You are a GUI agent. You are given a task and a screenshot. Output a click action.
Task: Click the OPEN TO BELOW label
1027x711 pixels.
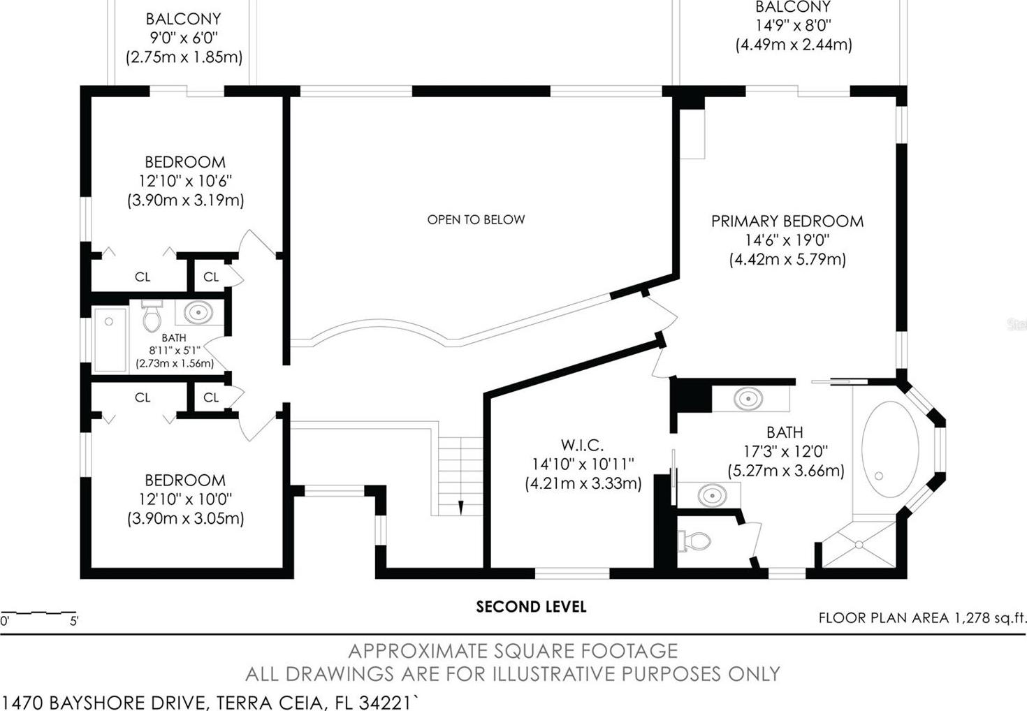point(476,219)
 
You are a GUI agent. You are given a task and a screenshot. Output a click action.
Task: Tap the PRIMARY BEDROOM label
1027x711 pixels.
point(787,221)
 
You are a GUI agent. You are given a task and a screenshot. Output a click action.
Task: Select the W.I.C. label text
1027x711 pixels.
point(582,445)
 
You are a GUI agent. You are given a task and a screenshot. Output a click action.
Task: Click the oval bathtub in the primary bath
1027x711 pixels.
point(890,449)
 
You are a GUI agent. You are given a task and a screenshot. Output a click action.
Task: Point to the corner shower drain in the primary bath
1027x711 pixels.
point(859,545)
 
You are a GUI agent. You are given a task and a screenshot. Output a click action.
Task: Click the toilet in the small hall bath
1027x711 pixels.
point(152,316)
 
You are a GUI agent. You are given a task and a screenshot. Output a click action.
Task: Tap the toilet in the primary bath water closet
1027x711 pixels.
point(694,541)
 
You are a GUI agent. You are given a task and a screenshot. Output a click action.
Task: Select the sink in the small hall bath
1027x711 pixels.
point(198,313)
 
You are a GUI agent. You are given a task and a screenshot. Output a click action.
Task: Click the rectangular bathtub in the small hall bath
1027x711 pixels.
point(110,339)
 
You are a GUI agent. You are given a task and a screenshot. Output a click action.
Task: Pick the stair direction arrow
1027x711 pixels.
point(461,508)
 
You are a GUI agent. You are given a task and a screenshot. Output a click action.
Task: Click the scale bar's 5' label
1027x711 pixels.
point(74,622)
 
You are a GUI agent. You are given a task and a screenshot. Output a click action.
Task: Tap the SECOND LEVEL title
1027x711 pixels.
point(531,607)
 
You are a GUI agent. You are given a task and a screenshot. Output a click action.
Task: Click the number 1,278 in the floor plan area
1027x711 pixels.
point(972,618)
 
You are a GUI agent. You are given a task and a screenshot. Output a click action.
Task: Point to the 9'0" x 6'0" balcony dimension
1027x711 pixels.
point(184,38)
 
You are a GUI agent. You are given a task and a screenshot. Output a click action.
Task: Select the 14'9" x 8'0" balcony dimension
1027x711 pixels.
point(794,25)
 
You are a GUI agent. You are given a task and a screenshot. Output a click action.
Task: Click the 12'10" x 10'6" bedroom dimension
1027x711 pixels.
point(185,181)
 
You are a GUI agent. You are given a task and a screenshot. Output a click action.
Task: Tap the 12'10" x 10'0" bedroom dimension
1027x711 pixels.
point(185,499)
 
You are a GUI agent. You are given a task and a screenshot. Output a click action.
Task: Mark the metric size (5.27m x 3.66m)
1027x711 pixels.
point(786,471)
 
